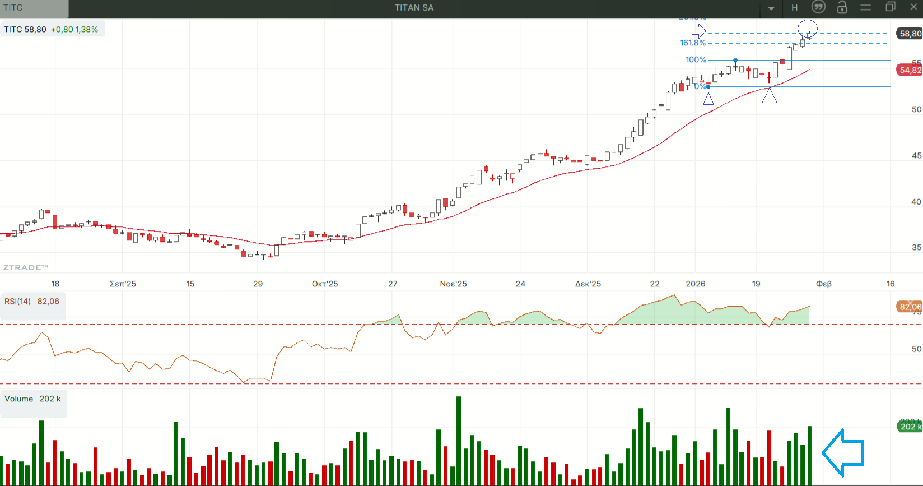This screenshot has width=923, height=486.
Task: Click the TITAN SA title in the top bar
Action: [414, 8]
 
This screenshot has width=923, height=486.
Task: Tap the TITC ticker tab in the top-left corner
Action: [13, 8]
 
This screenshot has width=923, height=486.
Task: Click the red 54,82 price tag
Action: [910, 70]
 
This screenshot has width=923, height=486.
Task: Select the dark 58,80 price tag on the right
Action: [910, 34]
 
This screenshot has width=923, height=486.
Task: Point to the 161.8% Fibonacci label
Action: [692, 43]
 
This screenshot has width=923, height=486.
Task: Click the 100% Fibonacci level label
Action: [696, 60]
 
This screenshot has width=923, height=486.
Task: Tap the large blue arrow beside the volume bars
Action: [843, 452]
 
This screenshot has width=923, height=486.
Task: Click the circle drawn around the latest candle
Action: [807, 27]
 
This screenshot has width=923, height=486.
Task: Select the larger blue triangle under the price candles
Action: [770, 96]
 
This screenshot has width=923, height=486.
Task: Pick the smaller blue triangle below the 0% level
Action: [708, 99]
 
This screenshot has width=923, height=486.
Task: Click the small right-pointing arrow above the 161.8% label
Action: [698, 31]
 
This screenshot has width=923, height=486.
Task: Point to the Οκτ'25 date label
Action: [325, 284]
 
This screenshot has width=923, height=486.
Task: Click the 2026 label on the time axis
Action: [696, 284]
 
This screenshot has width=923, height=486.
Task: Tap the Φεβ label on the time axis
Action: [823, 284]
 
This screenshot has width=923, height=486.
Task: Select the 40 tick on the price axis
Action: [916, 202]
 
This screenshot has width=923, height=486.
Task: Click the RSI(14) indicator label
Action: [17, 302]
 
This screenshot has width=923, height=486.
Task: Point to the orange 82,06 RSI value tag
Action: [910, 307]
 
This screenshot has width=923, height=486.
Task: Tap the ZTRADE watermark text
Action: [26, 267]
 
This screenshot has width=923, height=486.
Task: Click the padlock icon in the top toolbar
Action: [842, 7]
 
